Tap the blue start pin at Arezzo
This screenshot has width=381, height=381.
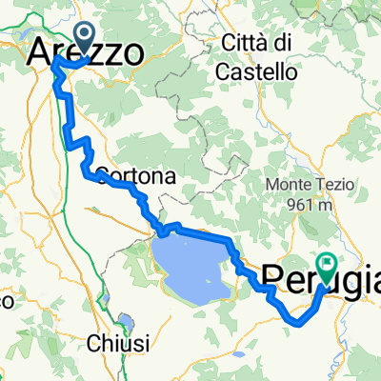tap(84, 39)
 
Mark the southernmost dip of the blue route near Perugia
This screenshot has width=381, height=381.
tap(300, 322)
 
